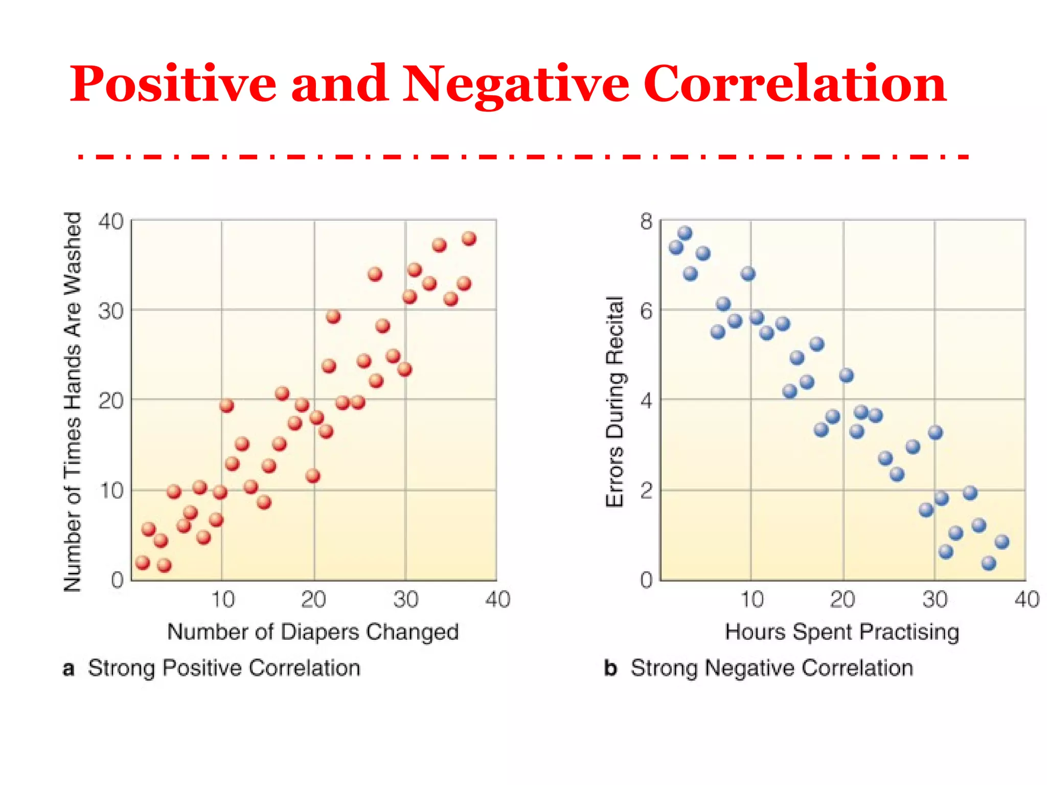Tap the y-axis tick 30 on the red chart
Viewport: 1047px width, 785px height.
[x=111, y=311]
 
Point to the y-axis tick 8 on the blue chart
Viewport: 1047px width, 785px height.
[x=646, y=221]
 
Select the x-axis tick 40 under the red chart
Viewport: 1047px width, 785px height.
[x=497, y=599]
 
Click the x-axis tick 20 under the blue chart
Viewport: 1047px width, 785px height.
[x=842, y=599]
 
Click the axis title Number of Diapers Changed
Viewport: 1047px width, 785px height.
[x=313, y=632]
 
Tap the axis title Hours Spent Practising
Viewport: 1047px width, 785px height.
[x=841, y=632]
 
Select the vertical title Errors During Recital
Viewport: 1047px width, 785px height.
[x=615, y=402]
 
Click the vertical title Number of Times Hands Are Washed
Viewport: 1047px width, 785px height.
[x=72, y=402]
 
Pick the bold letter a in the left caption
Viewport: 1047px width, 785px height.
[x=69, y=668]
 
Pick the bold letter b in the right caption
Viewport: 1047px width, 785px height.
[x=610, y=668]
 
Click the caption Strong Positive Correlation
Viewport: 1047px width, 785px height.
[x=224, y=668]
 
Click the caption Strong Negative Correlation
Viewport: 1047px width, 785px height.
[x=771, y=668]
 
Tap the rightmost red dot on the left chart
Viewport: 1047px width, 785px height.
[x=469, y=239]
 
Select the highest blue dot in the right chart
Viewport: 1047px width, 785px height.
[x=685, y=234]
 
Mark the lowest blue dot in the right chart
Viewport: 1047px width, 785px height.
[x=989, y=563]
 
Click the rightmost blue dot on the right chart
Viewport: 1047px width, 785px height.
[x=1002, y=542]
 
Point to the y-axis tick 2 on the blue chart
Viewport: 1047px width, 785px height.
[x=646, y=491]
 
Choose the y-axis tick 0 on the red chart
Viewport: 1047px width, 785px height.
[x=117, y=580]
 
